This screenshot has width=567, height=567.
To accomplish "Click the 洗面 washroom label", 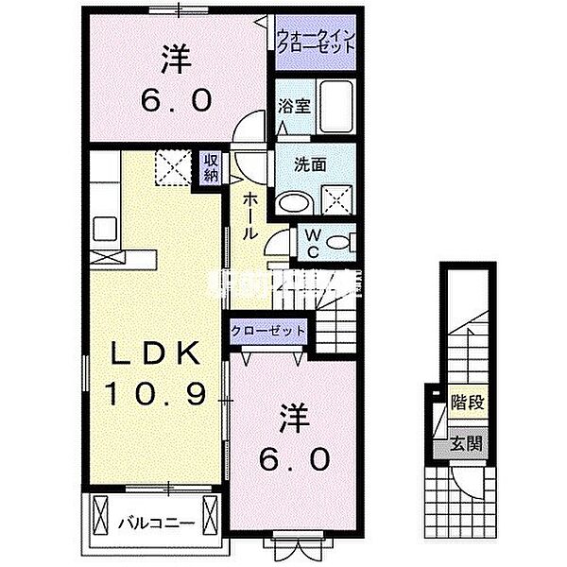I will pos(307,163).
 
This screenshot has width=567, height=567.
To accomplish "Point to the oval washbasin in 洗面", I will pos(297,200).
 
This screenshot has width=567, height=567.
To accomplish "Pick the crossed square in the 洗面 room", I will pos(338,198).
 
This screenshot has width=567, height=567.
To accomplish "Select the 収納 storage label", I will pos(210,166).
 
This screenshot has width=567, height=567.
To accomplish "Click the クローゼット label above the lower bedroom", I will pos(269,332).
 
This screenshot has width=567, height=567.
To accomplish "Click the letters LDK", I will pos(156,354).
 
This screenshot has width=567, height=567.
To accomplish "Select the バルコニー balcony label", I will pos(157,522).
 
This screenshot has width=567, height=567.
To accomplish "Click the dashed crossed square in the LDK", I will pos(173,168).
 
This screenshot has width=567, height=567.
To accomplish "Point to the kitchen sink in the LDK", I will pos(105,229).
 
